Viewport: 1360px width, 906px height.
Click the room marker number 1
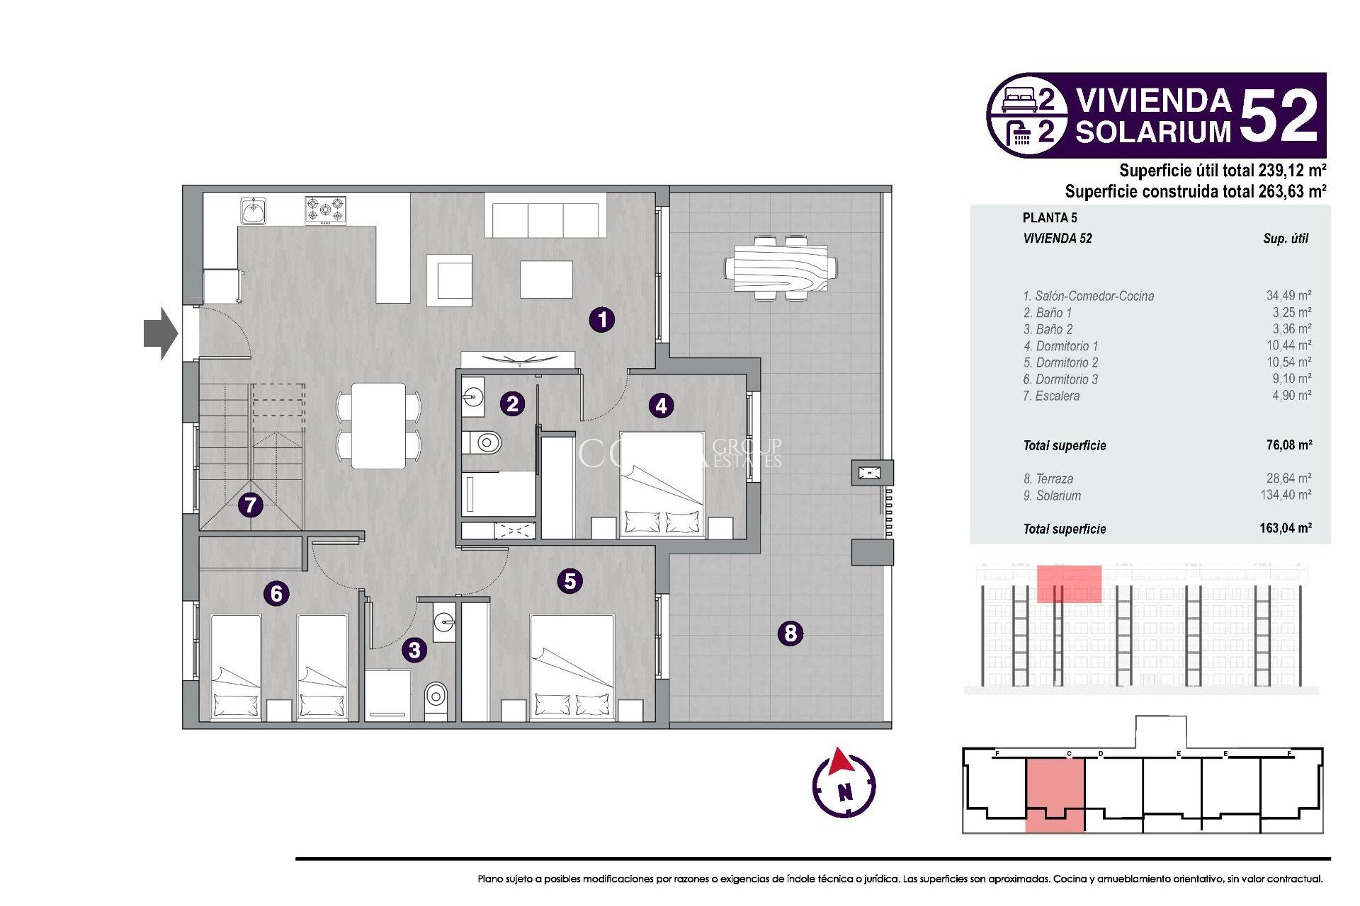[602, 319]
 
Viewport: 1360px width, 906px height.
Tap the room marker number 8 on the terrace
[790, 633]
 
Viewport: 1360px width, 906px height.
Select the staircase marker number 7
[250, 505]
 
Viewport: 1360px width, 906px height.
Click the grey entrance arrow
[160, 333]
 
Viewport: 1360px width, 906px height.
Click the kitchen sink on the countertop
[253, 211]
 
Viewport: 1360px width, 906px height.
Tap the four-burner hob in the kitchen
[325, 210]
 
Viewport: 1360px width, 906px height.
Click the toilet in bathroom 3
[436, 696]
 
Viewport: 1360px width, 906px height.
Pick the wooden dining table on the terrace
[781, 268]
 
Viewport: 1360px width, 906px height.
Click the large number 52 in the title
[1279, 116]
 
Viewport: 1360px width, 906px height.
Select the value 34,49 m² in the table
[1288, 296]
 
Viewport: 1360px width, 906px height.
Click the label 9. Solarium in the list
[1052, 495]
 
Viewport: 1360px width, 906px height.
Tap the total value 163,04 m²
[1285, 528]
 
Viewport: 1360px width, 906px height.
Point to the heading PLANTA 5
[1049, 218]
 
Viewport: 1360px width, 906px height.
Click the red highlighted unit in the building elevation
[1068, 583]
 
